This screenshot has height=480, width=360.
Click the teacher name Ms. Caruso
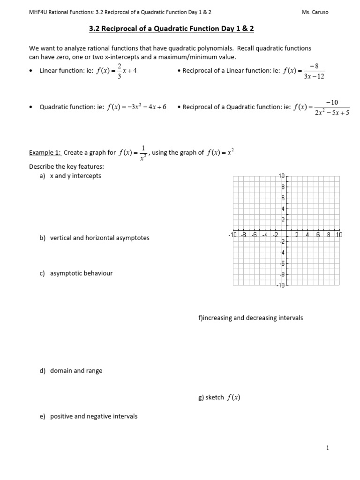pos(315,12)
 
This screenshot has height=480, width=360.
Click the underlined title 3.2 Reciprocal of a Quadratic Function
pos(171,29)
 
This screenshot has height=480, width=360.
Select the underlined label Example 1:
pos(45,152)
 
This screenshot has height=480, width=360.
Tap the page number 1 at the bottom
pos(328,448)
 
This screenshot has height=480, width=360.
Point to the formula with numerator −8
pos(304,71)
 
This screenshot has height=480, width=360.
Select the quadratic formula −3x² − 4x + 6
pos(137,107)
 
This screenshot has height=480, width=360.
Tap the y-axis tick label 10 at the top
pos(282,176)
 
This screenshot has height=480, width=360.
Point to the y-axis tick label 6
pos(283,198)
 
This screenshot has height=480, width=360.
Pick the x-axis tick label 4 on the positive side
pos(307,234)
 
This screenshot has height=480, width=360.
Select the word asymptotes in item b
pos(133,238)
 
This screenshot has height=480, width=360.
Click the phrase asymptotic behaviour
pos(81,273)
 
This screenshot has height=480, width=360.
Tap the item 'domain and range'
pos(76,371)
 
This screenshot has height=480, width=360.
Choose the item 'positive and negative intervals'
pos(93,416)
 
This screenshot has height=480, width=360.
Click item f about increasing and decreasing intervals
pos(251,318)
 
